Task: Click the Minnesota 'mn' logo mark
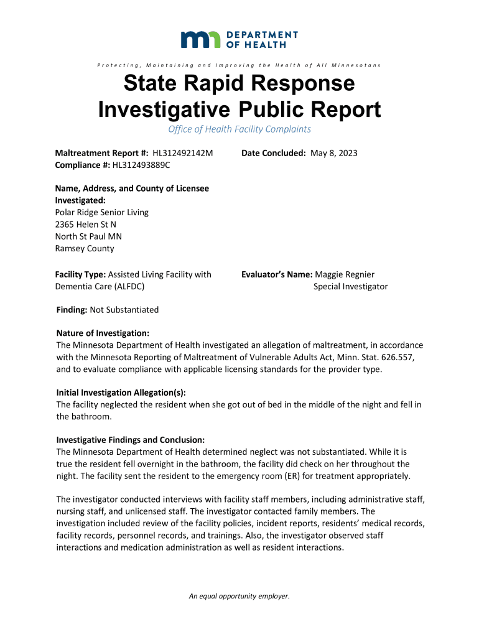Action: (200, 39)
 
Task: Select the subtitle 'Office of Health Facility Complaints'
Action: (240, 129)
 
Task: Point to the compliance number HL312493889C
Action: (142, 165)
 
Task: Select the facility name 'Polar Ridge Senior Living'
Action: (102, 212)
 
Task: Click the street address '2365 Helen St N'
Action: (86, 224)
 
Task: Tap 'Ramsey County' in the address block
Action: (85, 248)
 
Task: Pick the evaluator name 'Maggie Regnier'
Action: (345, 274)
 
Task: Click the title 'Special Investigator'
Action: (350, 286)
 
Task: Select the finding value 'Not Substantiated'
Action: (124, 310)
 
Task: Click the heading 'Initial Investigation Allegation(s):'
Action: (121, 393)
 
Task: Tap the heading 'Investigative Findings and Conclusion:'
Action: (131, 440)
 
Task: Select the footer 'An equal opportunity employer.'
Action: (240, 596)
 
